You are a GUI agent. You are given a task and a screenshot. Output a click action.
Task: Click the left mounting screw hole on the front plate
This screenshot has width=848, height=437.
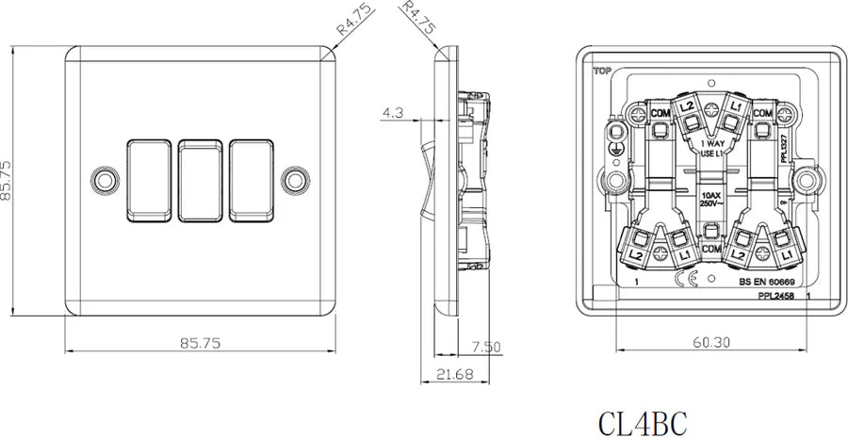[103, 177]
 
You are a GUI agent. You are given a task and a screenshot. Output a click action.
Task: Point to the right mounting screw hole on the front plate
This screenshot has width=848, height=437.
[299, 177]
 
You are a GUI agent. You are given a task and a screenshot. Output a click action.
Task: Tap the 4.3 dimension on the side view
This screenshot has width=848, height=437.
[394, 113]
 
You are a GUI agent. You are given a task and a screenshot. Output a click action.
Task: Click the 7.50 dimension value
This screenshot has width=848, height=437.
[485, 347]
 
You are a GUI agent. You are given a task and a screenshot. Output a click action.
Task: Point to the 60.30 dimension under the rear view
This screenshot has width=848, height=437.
[709, 343]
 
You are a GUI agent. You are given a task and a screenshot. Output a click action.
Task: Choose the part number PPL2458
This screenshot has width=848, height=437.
[776, 296]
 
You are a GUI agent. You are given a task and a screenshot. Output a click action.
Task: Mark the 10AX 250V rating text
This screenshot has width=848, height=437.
[709, 199]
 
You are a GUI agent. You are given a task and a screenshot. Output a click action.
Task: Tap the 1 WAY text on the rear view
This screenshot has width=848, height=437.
[710, 144]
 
